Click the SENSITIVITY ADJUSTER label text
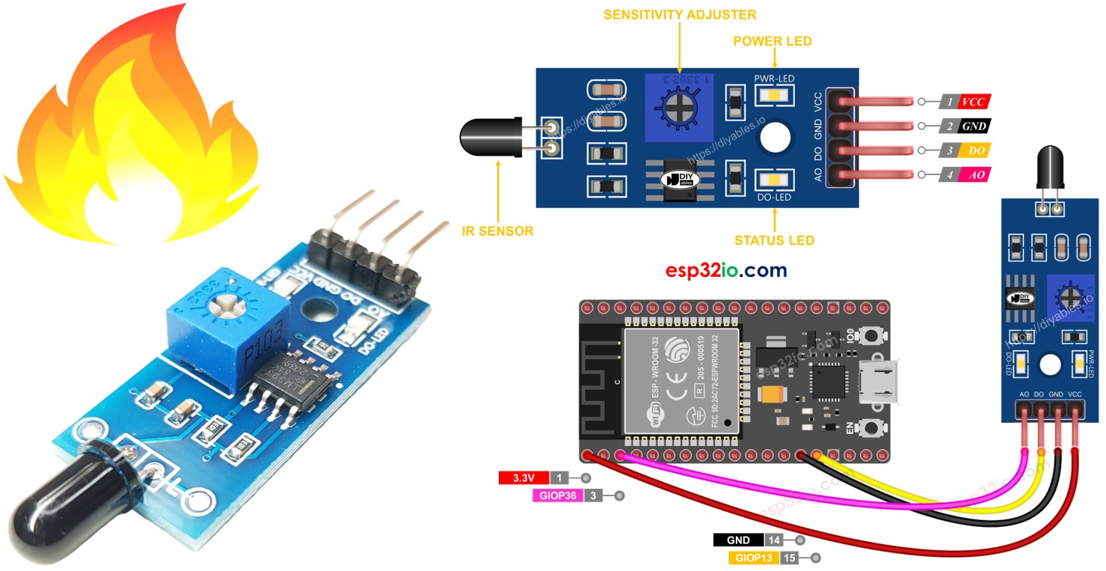click(680, 14)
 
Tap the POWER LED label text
click(773, 41)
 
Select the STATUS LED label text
click(774, 240)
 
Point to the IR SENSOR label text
click(497, 230)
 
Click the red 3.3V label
click(523, 477)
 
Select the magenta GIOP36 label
click(556, 495)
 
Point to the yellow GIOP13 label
click(752, 558)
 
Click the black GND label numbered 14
click(738, 540)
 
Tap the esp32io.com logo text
click(726, 270)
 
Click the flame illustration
click(135, 127)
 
